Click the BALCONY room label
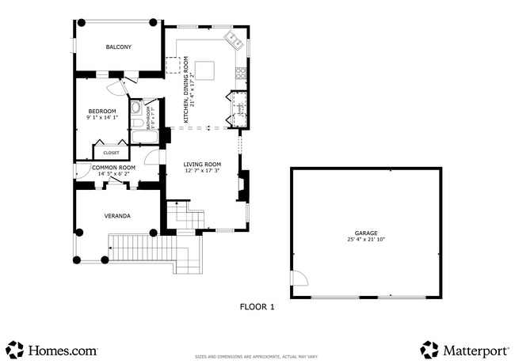(x=119, y=47)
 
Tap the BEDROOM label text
(x=101, y=111)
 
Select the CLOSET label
(x=111, y=153)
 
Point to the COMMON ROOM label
(x=113, y=168)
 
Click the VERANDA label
(x=117, y=215)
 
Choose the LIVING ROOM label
(x=202, y=164)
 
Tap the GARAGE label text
(x=365, y=233)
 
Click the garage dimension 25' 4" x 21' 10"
(x=365, y=240)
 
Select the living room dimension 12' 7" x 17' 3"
(x=202, y=170)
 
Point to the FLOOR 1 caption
(x=257, y=307)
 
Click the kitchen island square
(x=204, y=71)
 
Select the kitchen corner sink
(x=235, y=38)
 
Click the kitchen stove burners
(x=240, y=74)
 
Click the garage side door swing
(x=299, y=279)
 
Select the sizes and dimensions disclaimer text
(x=257, y=357)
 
